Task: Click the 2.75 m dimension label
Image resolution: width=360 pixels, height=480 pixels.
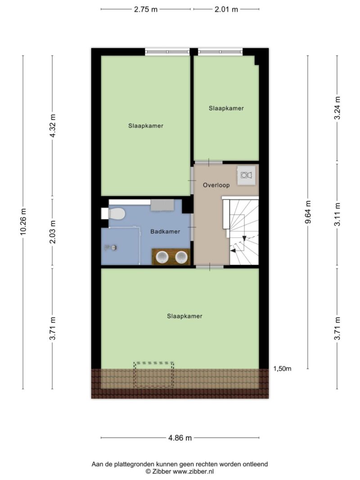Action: (146, 9)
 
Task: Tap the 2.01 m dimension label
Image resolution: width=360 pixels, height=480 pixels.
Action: (226, 9)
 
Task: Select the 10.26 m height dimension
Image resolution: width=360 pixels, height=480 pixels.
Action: (23, 222)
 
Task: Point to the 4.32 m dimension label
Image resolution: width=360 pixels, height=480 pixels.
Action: (53, 126)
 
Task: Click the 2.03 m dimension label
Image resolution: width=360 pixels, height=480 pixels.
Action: (53, 232)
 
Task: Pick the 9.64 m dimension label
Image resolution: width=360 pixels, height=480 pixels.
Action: (308, 212)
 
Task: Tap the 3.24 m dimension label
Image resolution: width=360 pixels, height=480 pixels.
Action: (337, 108)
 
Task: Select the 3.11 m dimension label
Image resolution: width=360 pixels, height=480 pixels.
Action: (337, 214)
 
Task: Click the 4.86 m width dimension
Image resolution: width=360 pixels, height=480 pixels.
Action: (180, 438)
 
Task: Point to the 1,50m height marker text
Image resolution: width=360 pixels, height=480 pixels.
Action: (282, 368)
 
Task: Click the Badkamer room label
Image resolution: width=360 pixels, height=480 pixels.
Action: (165, 231)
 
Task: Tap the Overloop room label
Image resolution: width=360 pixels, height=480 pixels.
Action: (216, 185)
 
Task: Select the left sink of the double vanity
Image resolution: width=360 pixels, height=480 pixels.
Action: (162, 257)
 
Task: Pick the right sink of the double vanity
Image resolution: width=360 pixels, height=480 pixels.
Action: (181, 257)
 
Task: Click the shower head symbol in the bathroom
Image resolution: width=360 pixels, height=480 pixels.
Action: (111, 247)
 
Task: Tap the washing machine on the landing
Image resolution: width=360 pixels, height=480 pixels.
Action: (247, 175)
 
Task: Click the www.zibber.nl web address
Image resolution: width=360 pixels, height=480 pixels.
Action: (193, 471)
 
